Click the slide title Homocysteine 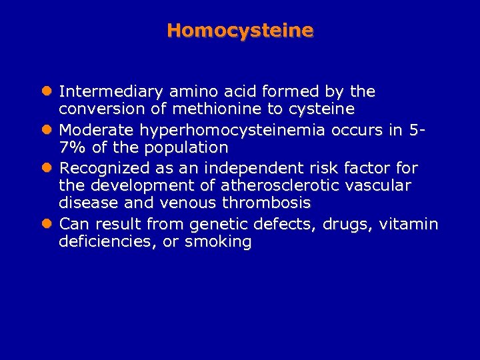(240, 30)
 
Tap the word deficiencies (107, 242)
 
